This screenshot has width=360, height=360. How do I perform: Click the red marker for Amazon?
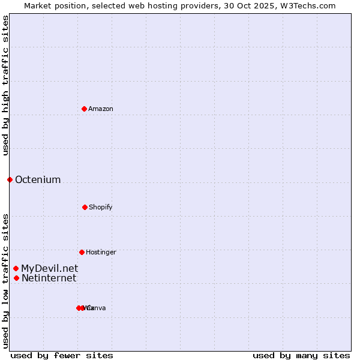click(85, 109)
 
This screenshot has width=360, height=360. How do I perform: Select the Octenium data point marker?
click(10, 179)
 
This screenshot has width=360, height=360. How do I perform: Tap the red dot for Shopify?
click(85, 207)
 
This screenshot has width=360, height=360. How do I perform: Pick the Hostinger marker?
click(82, 252)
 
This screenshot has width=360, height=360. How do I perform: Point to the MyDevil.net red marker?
click(16, 268)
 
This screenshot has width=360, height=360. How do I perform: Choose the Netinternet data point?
click(16, 278)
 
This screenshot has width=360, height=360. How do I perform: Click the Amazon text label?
click(101, 109)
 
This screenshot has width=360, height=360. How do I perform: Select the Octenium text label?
click(38, 180)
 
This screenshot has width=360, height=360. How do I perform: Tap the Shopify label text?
click(101, 207)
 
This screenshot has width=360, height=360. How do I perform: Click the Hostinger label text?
click(101, 252)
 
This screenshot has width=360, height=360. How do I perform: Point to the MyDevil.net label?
click(49, 269)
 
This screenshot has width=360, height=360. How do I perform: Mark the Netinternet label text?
click(49, 278)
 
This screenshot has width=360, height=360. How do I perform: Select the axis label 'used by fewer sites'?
click(62, 355)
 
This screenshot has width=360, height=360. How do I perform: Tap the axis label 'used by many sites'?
click(301, 355)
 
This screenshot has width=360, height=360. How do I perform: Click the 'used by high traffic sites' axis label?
click(6, 85)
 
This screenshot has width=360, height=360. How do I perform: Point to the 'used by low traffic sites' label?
click(6, 281)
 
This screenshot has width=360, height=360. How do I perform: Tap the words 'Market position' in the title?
click(52, 5)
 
